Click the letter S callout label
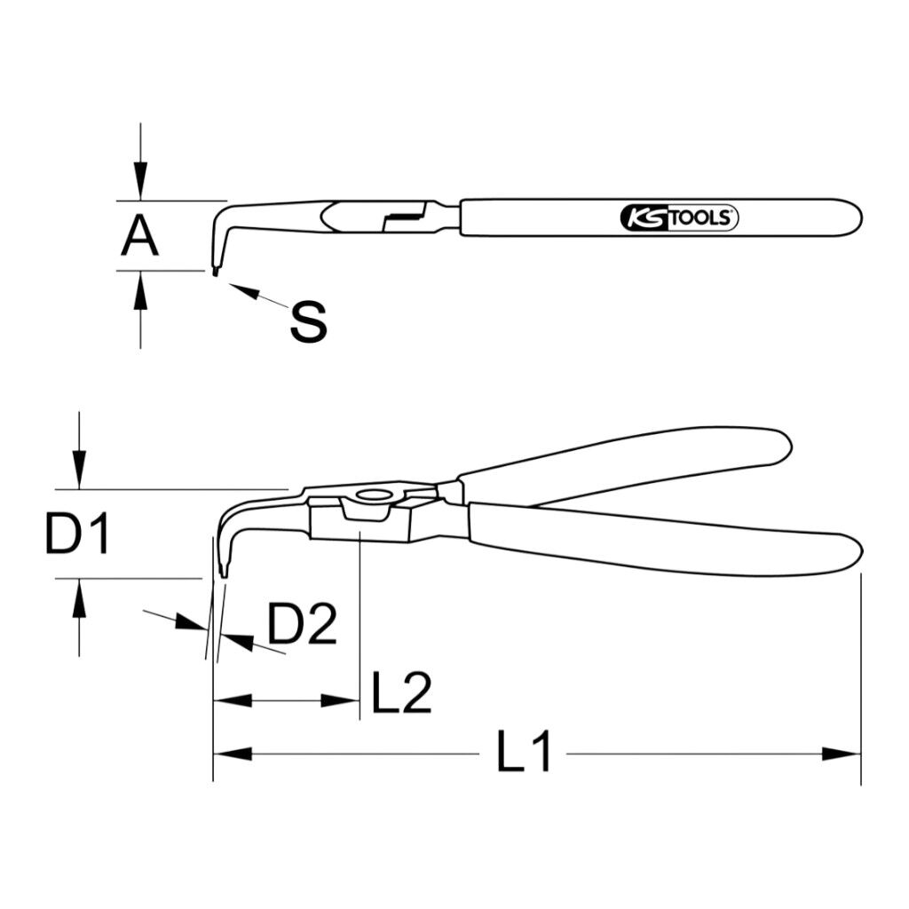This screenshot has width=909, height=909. tap(308, 321)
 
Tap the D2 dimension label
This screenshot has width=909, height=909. tap(302, 624)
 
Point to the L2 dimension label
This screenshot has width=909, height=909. tap(401, 692)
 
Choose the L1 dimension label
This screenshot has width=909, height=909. tap(523, 751)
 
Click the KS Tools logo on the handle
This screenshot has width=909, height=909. tap(679, 218)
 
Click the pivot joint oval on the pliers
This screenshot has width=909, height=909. tap(373, 495)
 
